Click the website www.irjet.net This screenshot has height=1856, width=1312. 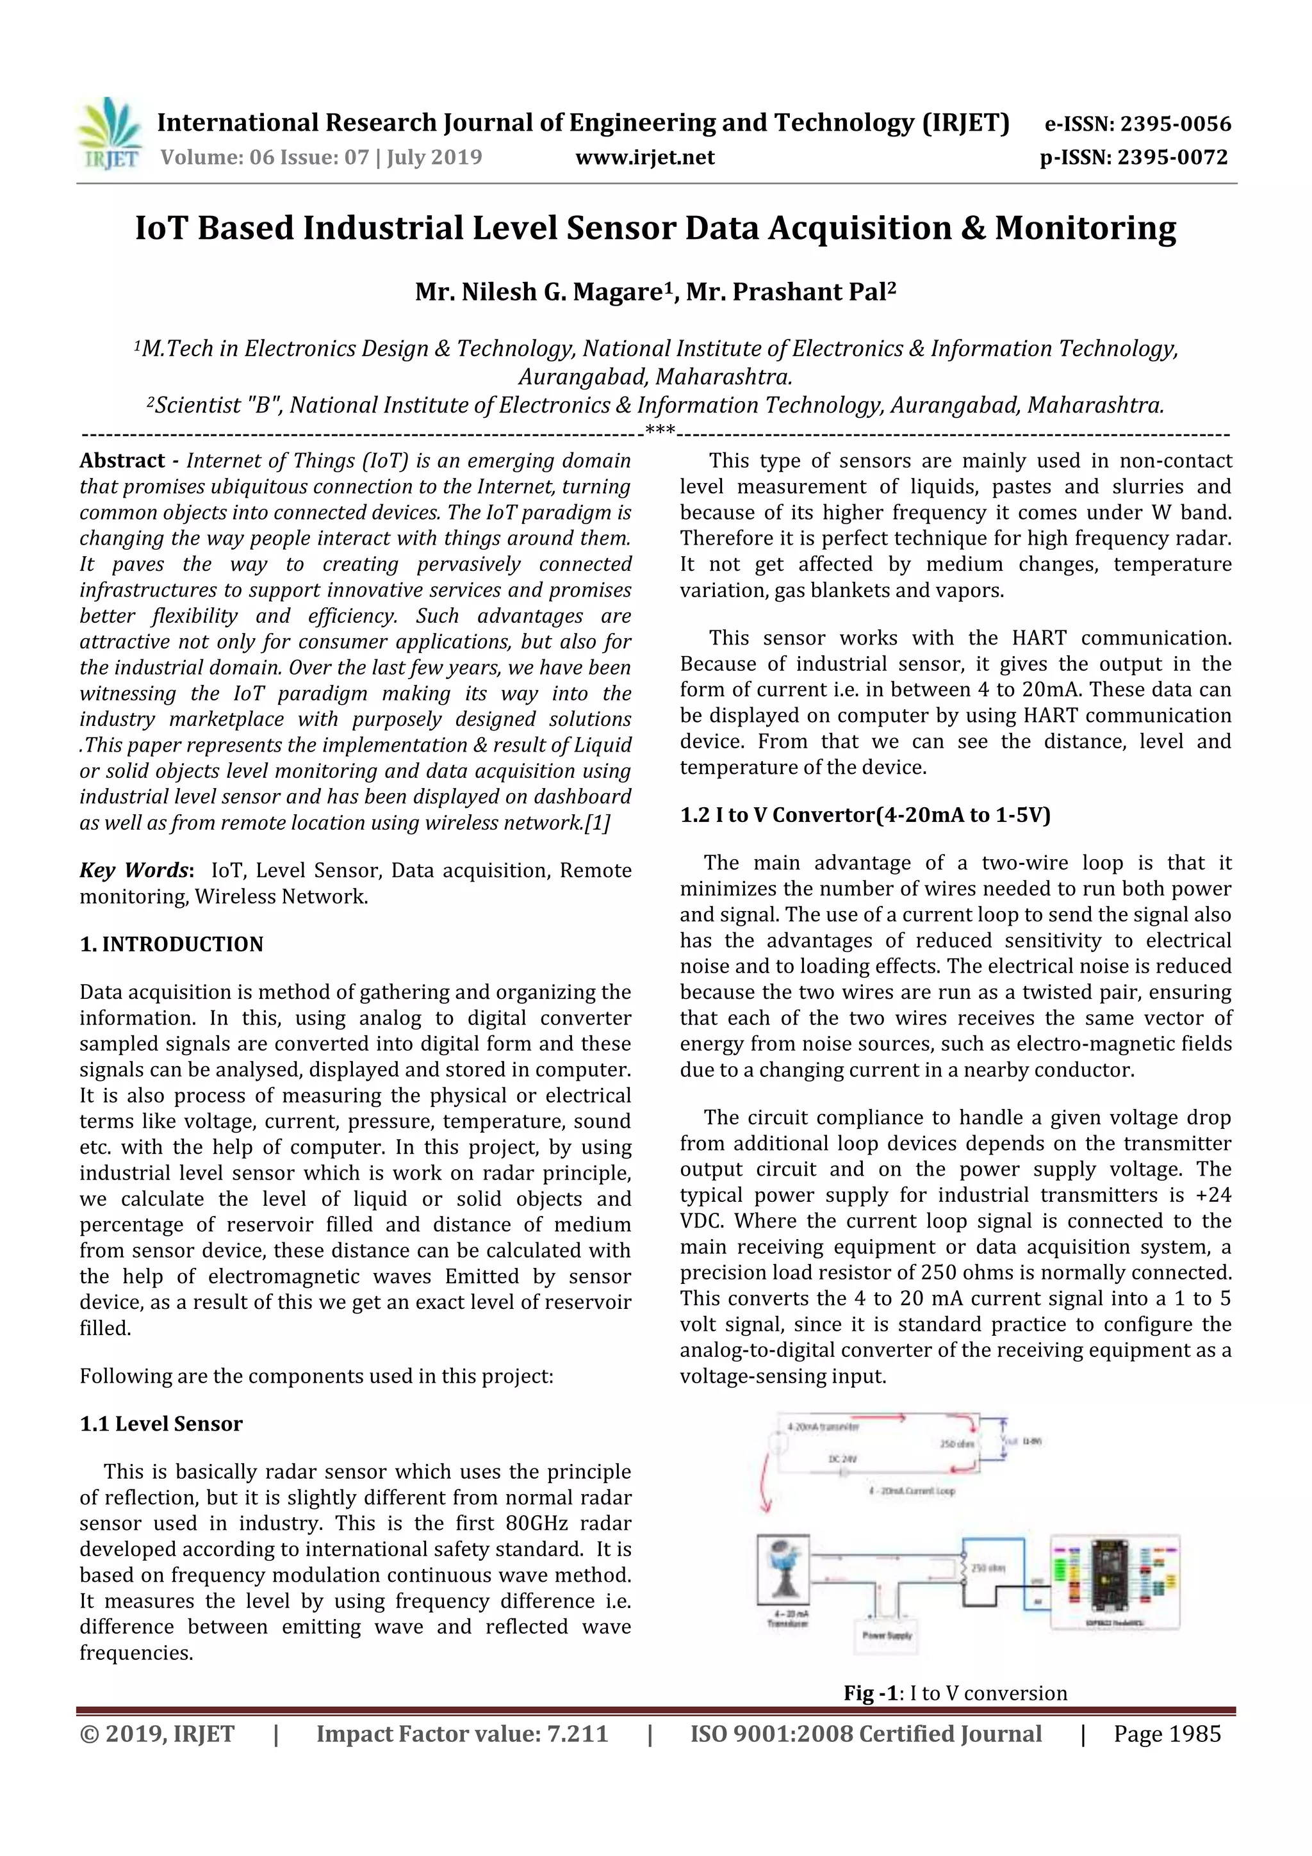click(x=644, y=158)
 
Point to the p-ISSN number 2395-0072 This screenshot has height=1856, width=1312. click(x=1172, y=158)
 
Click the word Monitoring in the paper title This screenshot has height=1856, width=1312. click(x=1085, y=229)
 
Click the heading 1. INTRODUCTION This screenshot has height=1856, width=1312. click(x=172, y=944)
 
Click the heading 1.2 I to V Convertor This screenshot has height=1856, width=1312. click(x=864, y=815)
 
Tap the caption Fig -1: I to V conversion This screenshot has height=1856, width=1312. click(x=955, y=1693)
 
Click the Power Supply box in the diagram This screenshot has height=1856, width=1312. click(x=887, y=1634)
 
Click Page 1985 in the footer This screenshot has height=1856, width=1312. click(x=1167, y=1734)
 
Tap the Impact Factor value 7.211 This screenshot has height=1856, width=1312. click(x=577, y=1734)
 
